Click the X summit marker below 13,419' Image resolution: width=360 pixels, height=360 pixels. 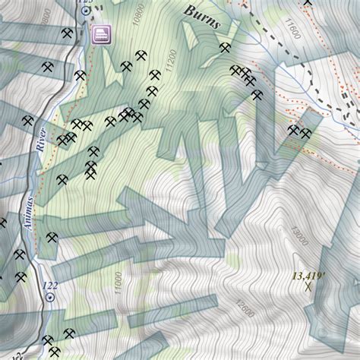(308, 286)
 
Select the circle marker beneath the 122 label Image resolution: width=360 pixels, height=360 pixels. (50, 298)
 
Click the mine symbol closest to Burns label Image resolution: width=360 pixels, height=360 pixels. (224, 48)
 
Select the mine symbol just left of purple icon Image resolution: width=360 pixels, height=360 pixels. (68, 34)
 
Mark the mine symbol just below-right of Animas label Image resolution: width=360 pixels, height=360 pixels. (52, 238)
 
